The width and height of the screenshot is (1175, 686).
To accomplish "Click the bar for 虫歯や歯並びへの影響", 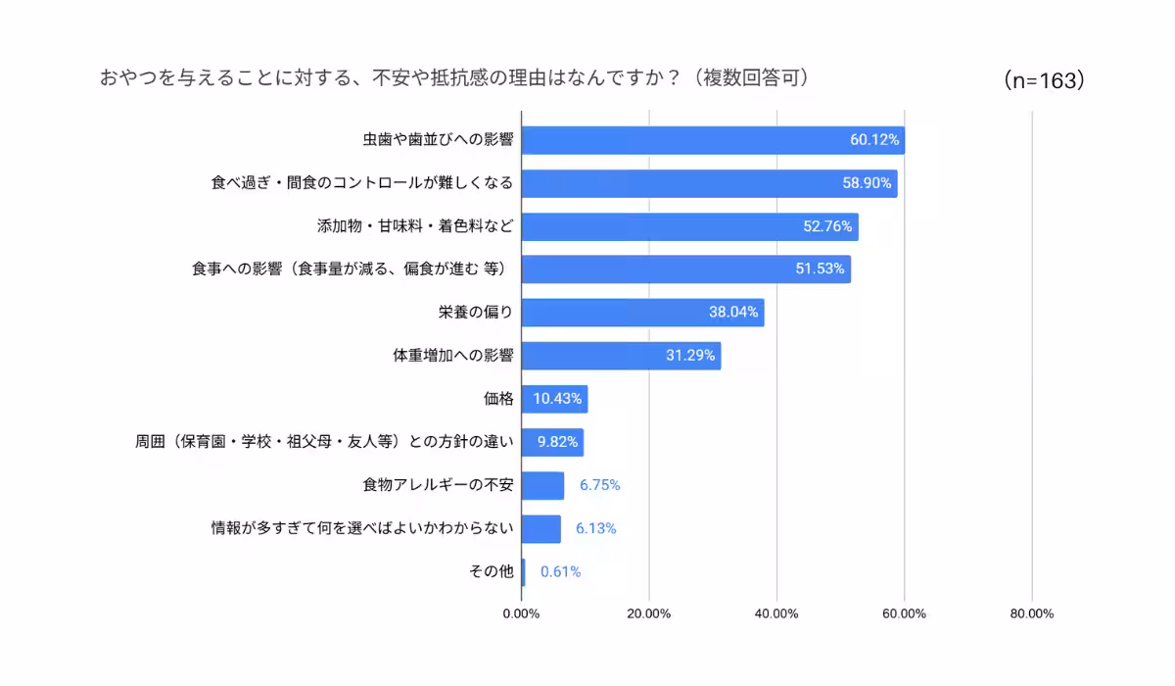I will point(712,140).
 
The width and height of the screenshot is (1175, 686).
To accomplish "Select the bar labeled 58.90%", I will point(709,183).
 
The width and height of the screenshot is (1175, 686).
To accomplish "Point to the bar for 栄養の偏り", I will point(642,313).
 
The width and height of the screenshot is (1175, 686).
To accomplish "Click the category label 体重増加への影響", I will point(452,356).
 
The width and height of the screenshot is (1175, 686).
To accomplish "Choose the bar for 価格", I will point(554,399).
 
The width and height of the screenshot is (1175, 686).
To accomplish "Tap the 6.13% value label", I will point(595,528).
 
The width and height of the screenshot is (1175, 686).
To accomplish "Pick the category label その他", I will point(492,571).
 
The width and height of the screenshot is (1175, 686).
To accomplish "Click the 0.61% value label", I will point(560,571).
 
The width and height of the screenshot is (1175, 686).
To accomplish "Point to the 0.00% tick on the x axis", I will point(521,613).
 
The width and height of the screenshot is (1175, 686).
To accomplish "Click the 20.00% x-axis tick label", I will point(648,613).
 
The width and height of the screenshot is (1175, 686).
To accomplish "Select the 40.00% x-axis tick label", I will point(776,613).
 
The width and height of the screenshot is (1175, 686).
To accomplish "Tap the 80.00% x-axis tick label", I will point(1031,613).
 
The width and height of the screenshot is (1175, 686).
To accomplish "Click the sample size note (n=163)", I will point(1044,81).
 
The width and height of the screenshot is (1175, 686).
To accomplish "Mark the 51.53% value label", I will point(820,269).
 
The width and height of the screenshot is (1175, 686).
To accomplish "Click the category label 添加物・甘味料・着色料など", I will point(415,226).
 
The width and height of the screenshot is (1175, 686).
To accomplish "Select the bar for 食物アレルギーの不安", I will point(542,485).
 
